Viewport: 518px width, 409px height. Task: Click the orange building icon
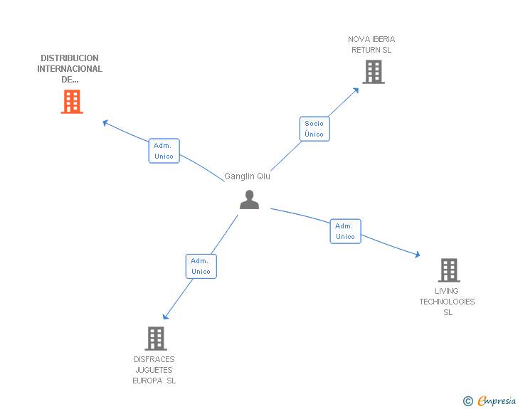71,102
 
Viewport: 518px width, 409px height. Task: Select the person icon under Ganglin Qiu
249,200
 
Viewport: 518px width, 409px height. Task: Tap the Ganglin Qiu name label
247,176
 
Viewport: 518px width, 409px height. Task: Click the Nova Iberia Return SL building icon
373,72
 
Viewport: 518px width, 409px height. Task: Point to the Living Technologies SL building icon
448,270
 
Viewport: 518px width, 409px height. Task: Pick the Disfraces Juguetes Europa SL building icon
155,339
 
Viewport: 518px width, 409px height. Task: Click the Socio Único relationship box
314,129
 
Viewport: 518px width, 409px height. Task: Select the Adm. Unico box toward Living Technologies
345,231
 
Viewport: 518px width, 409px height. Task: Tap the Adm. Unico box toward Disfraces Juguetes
201,266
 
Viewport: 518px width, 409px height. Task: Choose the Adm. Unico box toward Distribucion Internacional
164,151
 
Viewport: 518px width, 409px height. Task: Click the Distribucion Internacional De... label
70,69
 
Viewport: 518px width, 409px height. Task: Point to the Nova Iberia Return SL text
371,45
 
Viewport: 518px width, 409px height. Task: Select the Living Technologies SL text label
447,302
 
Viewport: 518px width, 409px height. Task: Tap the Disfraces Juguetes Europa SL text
154,370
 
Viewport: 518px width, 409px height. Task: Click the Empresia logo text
497,401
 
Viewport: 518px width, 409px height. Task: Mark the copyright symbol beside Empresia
467,401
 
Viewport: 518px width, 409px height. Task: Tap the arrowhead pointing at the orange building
105,122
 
